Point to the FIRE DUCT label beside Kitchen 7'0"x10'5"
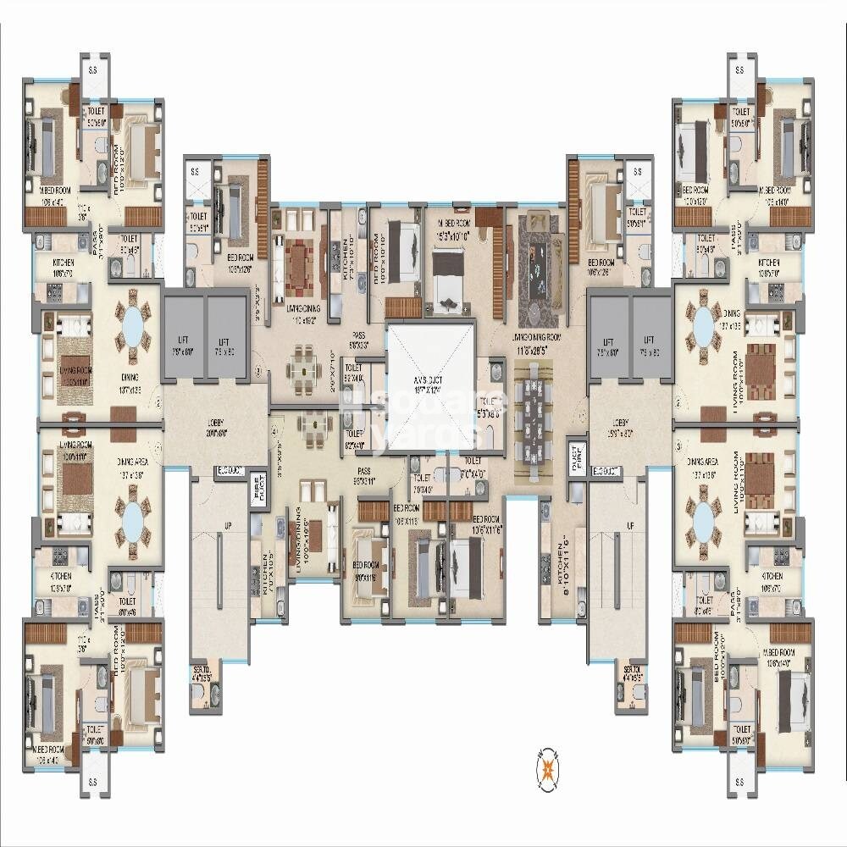tap(257, 492)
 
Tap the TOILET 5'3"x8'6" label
tap(490, 407)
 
